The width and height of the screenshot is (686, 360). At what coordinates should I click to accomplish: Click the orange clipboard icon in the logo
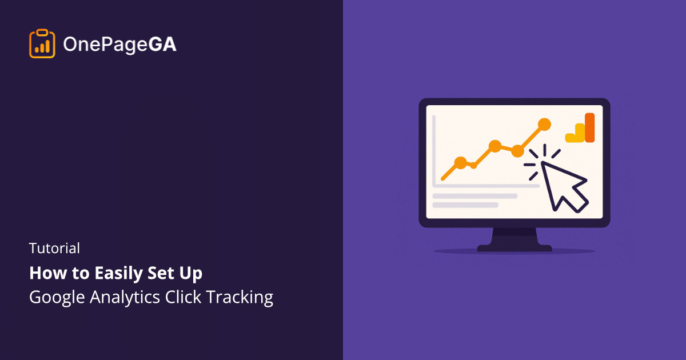42,43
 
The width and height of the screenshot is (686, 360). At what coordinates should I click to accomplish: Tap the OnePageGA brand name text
120,44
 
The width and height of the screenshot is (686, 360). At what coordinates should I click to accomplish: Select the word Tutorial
55,248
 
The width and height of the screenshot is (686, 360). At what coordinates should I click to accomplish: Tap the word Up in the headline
192,274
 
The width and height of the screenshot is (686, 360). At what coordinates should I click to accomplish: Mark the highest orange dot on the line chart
544,124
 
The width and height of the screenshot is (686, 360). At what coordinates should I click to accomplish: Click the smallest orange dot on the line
473,165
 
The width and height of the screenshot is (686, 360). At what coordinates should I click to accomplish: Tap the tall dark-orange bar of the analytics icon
589,127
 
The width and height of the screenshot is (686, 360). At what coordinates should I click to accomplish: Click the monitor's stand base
514,248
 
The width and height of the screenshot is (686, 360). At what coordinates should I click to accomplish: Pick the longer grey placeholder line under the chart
474,196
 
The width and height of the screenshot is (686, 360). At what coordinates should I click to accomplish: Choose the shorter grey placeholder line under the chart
465,205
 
